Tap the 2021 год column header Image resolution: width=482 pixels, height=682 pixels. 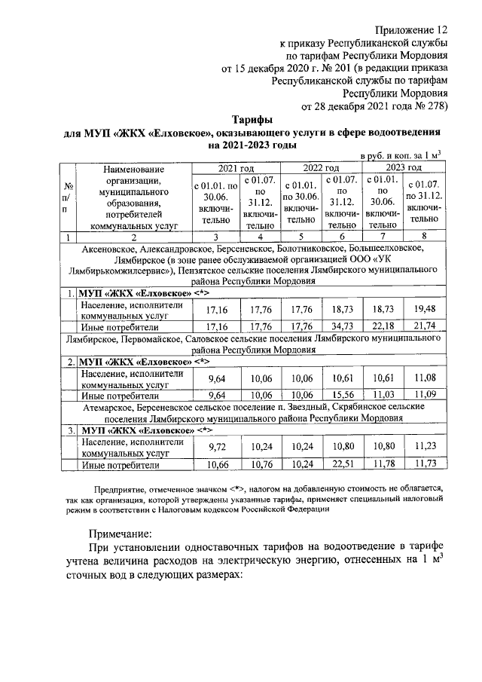235,167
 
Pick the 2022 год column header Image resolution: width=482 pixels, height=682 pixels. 320,167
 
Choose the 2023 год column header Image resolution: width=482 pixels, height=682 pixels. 404,167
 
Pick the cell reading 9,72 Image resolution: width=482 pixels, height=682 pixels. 217,446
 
